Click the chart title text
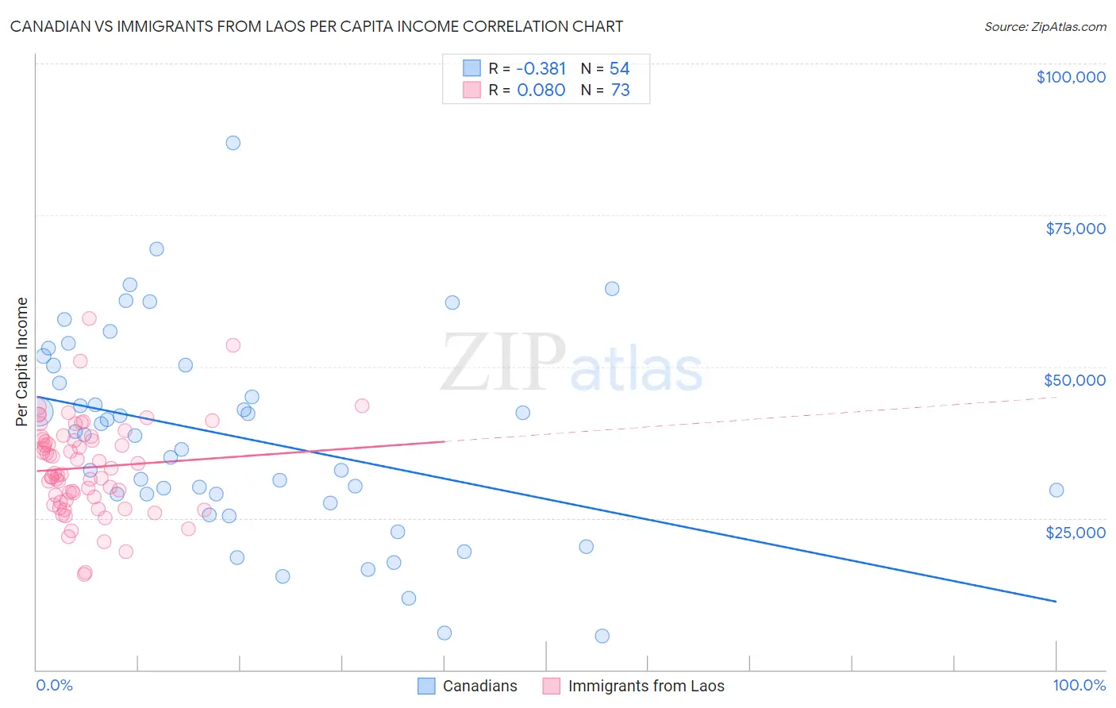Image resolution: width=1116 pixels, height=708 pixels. (316, 26)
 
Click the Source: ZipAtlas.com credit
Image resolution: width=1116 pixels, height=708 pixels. (1045, 26)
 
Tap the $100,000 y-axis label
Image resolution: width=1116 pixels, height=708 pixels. (1071, 77)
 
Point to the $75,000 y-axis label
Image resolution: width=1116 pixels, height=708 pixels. (1075, 229)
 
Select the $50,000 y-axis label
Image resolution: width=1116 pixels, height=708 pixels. (1074, 380)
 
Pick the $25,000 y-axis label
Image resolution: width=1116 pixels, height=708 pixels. (1075, 532)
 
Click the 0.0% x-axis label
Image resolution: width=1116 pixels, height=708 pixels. (54, 685)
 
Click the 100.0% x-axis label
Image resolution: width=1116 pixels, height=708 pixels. (1079, 685)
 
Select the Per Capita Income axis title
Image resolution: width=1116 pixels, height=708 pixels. (22, 361)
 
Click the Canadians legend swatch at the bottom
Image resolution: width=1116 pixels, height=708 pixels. (426, 686)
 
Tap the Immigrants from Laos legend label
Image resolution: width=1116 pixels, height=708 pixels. (646, 686)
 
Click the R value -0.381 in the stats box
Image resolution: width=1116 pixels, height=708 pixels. (541, 69)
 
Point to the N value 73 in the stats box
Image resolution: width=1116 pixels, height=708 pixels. (620, 90)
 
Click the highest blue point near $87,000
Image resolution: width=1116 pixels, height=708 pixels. (233, 143)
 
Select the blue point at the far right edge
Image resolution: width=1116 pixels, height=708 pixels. (1056, 490)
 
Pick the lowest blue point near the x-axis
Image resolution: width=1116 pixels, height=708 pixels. (602, 636)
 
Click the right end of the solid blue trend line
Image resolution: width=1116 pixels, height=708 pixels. (1056, 602)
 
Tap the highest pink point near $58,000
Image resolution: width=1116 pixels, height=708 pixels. (89, 318)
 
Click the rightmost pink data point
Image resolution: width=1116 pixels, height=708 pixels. (362, 406)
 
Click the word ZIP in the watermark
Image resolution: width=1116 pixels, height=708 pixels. (502, 364)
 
